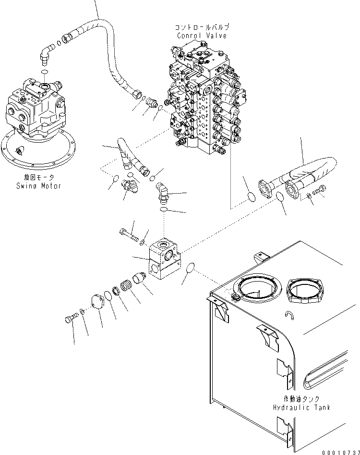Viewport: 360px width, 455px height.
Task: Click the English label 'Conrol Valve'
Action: pos(202,36)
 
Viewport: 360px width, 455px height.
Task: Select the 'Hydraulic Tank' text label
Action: pos(301,407)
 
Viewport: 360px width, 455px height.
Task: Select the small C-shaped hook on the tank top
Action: pos(289,316)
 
